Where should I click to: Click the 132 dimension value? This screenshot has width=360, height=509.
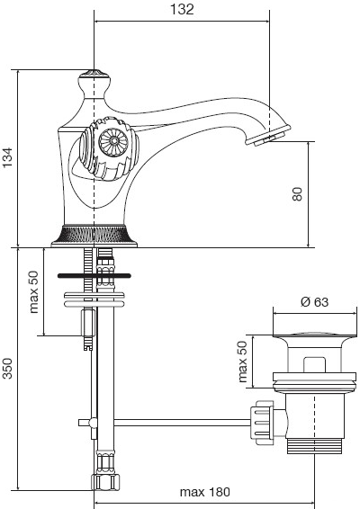click(182, 9)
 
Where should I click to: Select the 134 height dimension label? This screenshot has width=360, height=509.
click(7, 157)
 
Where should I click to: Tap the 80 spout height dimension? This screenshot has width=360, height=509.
click(297, 194)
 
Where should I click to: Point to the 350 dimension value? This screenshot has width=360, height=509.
click(7, 369)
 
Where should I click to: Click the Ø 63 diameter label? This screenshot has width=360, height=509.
click(314, 302)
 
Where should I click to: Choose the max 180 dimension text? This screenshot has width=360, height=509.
click(204, 492)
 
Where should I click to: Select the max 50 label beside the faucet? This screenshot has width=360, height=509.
click(33, 292)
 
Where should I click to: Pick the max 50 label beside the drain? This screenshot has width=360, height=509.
click(242, 362)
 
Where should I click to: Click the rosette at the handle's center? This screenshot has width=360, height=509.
click(113, 141)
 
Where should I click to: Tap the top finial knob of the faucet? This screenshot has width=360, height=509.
click(94, 79)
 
